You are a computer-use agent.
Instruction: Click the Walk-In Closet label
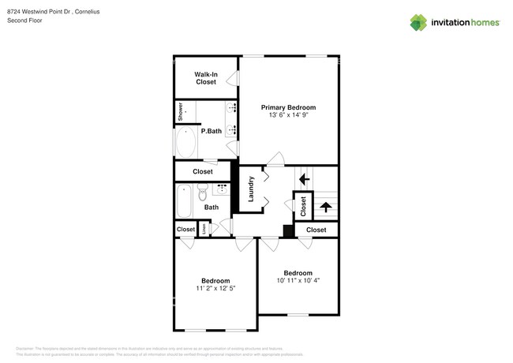click(x=205, y=77)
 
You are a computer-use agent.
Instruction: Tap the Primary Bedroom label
click(x=289, y=107)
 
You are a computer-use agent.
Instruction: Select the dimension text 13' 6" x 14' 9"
click(x=289, y=115)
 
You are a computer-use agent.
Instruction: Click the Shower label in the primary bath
click(x=181, y=111)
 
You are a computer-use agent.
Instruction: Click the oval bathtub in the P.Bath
click(x=187, y=143)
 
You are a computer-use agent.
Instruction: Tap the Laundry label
click(x=251, y=189)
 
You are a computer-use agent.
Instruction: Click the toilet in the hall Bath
click(x=202, y=191)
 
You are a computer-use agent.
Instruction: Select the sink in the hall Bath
click(x=222, y=189)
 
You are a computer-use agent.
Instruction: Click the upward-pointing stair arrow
click(x=324, y=208)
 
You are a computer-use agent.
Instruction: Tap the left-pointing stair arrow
click(x=304, y=179)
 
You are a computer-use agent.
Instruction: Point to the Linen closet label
click(x=204, y=229)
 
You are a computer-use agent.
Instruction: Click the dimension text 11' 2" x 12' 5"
click(x=215, y=288)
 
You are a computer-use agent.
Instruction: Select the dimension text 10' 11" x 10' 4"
click(x=298, y=280)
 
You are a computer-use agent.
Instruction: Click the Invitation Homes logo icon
click(x=418, y=22)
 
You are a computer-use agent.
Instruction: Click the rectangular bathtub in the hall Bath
click(x=184, y=201)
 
